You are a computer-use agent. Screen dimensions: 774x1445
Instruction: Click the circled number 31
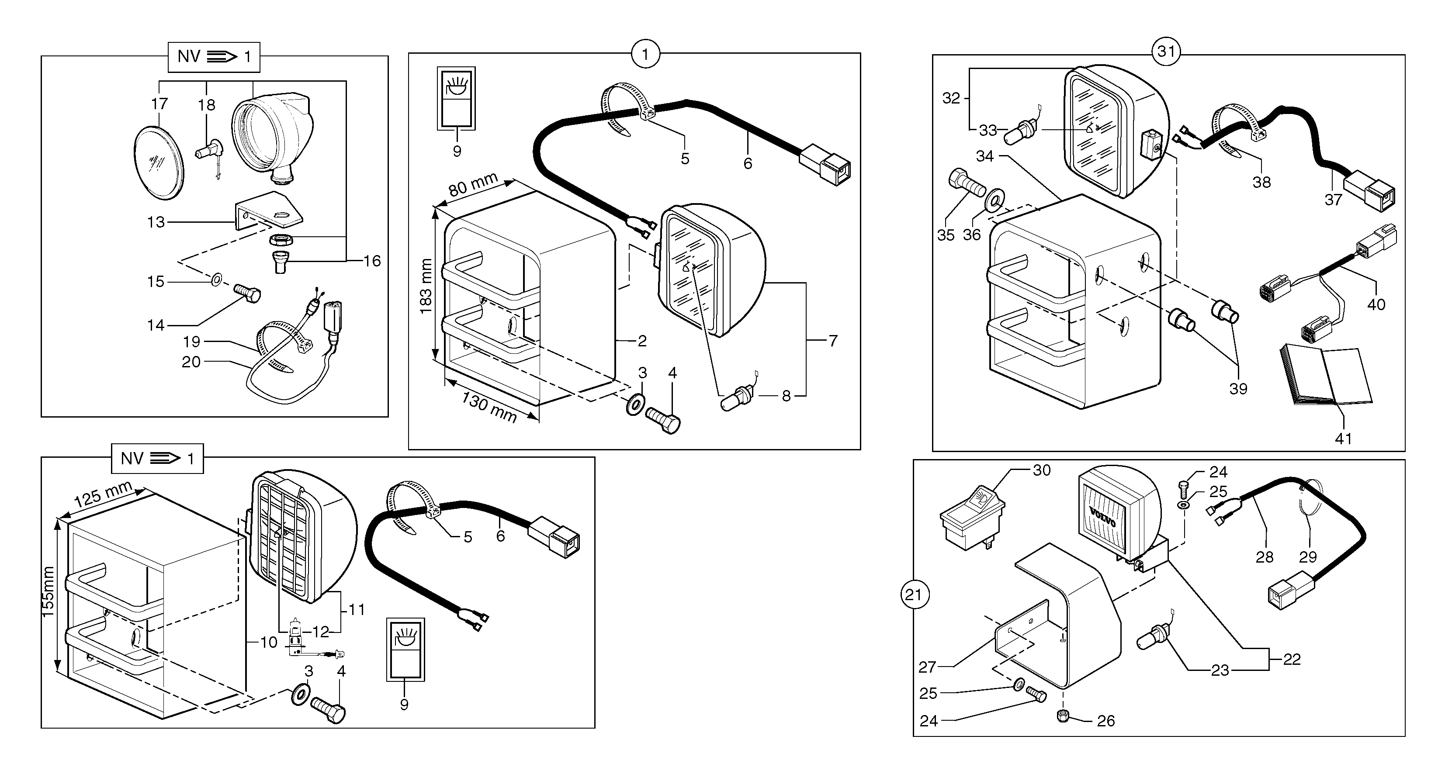[1166, 52]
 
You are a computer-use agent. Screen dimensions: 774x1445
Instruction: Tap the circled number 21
[915, 594]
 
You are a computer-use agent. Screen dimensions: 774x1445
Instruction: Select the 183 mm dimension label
[426, 286]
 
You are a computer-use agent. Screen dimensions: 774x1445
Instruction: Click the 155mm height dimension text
[48, 592]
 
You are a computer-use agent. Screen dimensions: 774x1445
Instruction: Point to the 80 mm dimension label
[473, 184]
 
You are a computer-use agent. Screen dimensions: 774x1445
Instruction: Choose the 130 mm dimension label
[489, 407]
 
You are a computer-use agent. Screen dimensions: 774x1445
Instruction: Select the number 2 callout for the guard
[642, 341]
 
